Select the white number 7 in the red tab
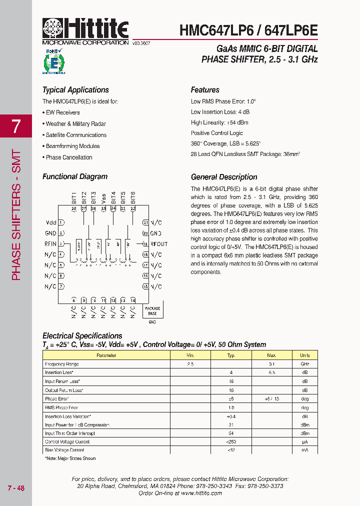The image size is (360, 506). click(16, 126)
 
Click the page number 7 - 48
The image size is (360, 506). click(16, 488)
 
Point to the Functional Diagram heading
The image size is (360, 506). click(75, 176)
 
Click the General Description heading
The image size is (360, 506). click(224, 177)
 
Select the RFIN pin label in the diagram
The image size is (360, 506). click(50, 244)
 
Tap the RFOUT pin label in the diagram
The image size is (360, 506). click(159, 244)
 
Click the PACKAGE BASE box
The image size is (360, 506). click(152, 311)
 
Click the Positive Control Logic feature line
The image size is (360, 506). click(216, 133)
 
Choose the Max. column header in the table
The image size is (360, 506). click(271, 355)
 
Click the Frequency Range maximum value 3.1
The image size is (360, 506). click(271, 364)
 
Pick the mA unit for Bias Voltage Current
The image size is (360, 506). click(304, 450)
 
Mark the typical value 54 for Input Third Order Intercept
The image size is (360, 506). click(231, 433)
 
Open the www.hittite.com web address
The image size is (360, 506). click(201, 493)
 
